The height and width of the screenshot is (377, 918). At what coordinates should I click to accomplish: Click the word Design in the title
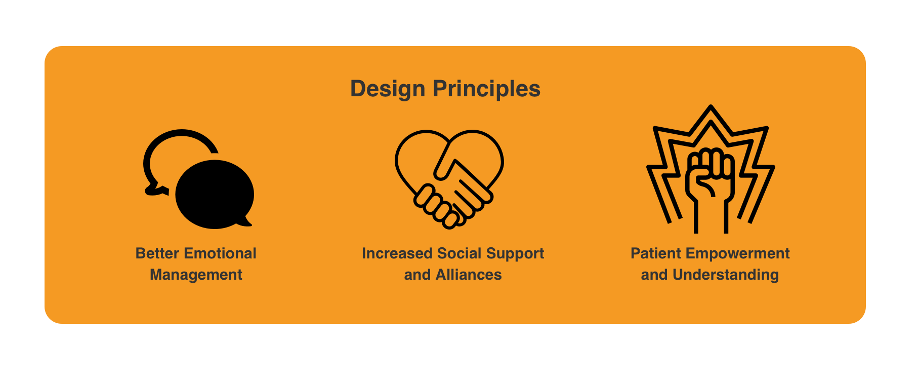coord(388,89)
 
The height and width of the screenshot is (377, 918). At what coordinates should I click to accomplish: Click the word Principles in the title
coord(486,89)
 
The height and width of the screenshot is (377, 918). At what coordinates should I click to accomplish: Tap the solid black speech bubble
coord(215,194)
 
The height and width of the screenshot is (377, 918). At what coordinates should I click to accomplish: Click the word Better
coord(157,253)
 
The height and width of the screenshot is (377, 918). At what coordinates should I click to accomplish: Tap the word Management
coord(196,275)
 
